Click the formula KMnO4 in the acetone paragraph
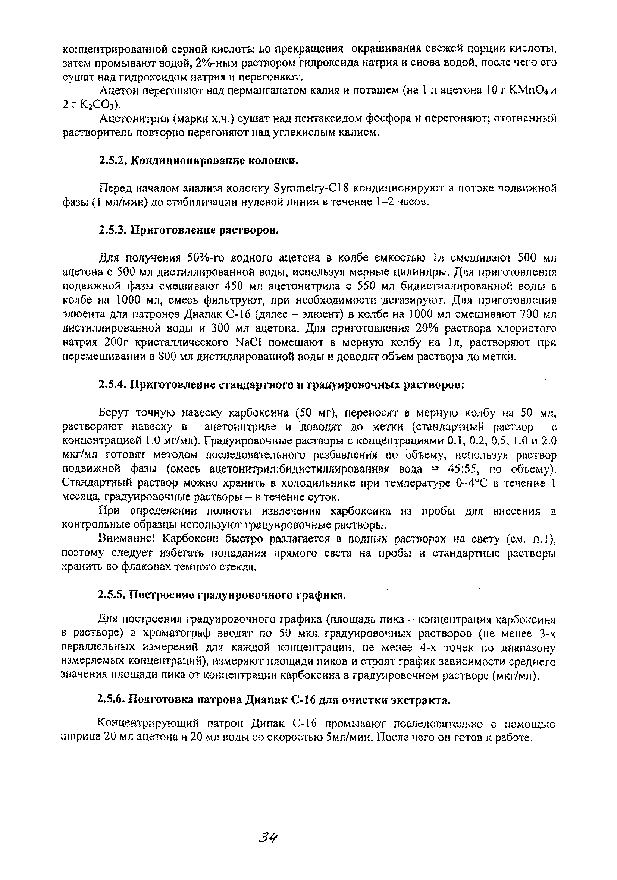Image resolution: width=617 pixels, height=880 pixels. point(528,91)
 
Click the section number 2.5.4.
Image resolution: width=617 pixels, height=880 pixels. point(113,384)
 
